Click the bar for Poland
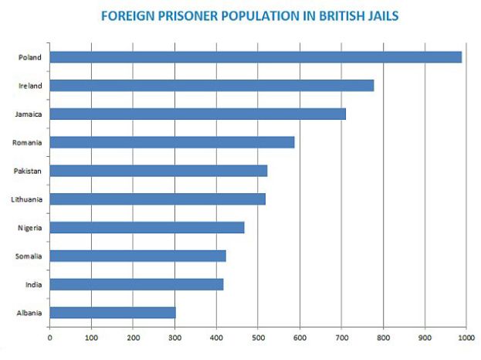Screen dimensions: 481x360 [256, 57]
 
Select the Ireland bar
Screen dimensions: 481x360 [212, 86]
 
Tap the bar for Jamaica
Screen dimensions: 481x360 [198, 114]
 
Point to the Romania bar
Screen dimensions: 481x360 [172, 142]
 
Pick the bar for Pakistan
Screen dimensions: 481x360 [158, 171]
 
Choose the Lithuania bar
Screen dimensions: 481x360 [158, 199]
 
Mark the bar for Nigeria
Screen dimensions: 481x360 [147, 227]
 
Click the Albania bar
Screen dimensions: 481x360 [113, 313]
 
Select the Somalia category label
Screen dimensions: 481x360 [29, 256]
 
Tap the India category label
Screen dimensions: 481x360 [33, 284]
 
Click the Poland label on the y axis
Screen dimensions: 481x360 [30, 57]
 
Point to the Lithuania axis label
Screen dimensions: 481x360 [27, 199]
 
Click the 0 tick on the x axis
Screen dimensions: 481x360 [49, 338]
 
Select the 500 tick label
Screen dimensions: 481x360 [258, 338]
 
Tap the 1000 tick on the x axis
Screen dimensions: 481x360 [466, 338]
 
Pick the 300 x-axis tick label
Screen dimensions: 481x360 [174, 338]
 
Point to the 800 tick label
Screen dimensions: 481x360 [383, 338]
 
